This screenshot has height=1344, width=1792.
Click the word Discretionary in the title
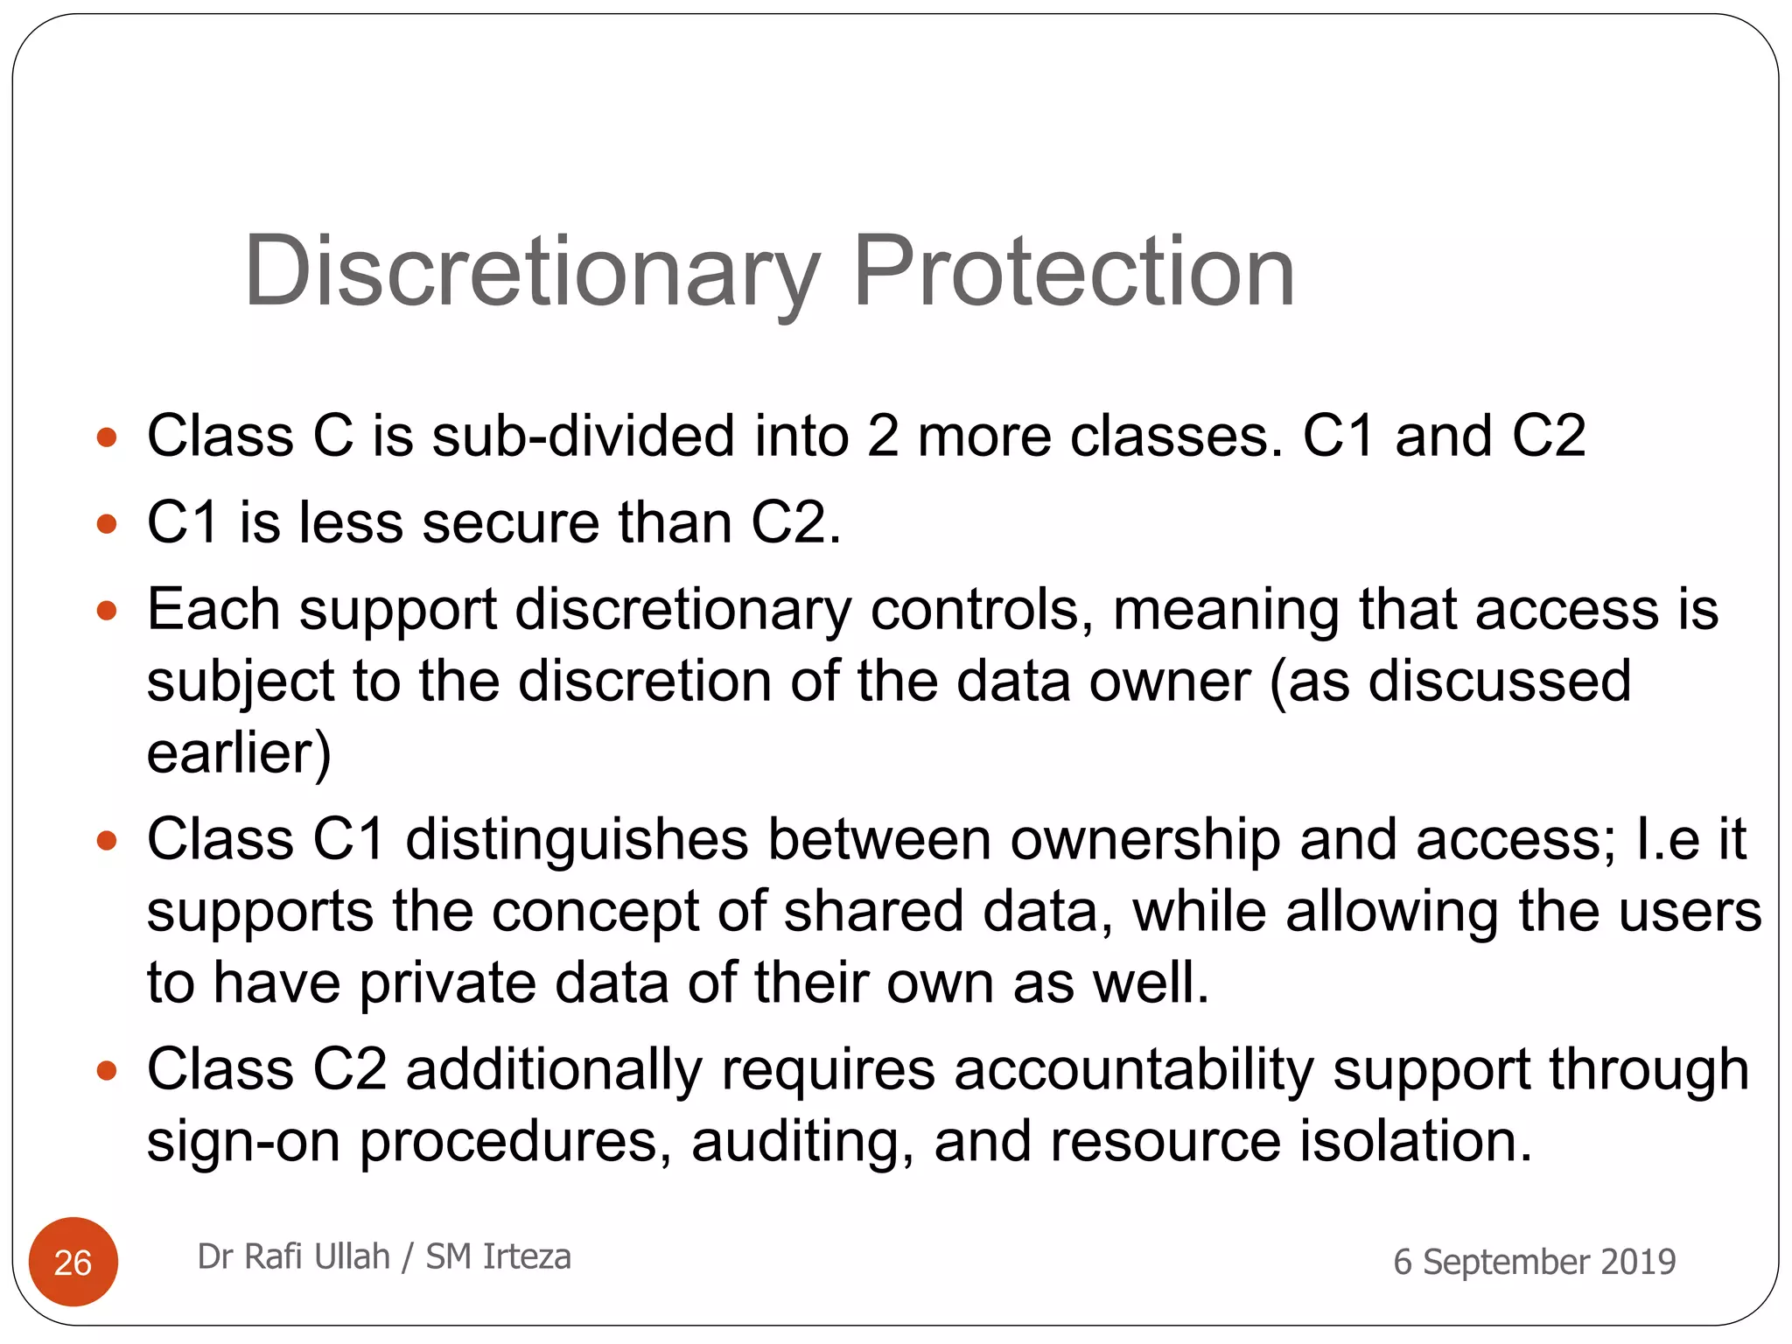click(531, 273)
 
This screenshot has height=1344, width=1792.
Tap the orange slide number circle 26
click(73, 1262)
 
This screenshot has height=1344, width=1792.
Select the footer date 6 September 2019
click(1534, 1262)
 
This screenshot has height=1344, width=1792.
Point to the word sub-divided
click(583, 436)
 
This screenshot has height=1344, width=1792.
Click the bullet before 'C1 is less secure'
click(107, 524)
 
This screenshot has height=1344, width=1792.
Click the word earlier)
click(239, 752)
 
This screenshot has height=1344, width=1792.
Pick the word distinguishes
click(577, 840)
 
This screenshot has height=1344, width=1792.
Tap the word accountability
click(1133, 1070)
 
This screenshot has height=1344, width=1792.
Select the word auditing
click(802, 1141)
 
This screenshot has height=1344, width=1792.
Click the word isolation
click(1416, 1141)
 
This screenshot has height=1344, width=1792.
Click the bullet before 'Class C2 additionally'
click(107, 1071)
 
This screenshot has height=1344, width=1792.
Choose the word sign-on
click(242, 1143)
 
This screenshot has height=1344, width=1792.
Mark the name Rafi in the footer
click(272, 1256)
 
